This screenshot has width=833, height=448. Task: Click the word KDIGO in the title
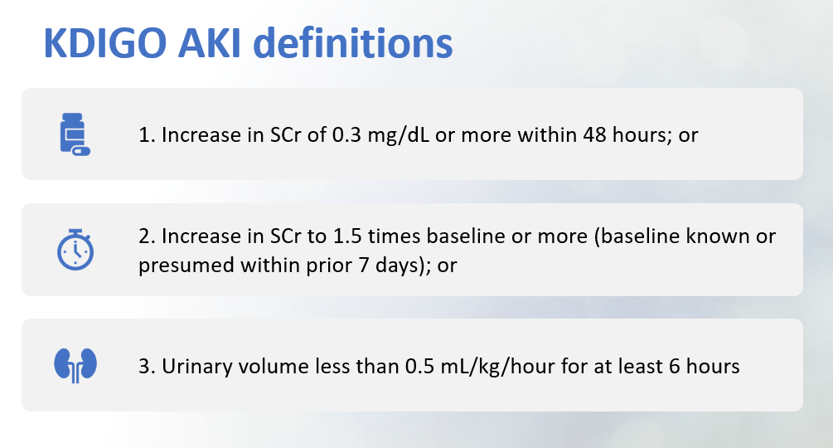point(105,43)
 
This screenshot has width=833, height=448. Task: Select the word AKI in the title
point(210,43)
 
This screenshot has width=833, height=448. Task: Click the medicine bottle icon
point(75,134)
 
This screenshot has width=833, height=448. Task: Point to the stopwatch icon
point(75,250)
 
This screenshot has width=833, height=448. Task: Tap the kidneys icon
point(75,365)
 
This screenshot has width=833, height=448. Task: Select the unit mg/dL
point(399,136)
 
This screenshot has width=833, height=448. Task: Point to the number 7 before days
point(364,265)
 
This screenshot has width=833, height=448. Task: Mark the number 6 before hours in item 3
point(675,366)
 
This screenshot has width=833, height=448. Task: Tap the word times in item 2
point(394,236)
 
